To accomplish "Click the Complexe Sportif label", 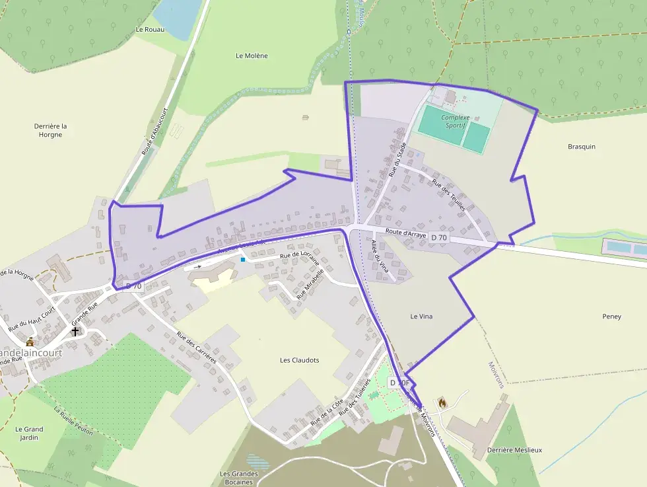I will pyautogui.click(x=454, y=120).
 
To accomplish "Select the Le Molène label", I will pyautogui.click(x=252, y=56).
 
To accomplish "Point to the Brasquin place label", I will pyautogui.click(x=581, y=147).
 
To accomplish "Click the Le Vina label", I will pyautogui.click(x=421, y=317).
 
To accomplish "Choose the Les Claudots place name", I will pyautogui.click(x=299, y=360).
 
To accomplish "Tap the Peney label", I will pyautogui.click(x=611, y=317).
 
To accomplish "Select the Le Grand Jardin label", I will pyautogui.click(x=29, y=433).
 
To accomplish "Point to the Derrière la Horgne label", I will pyautogui.click(x=50, y=130).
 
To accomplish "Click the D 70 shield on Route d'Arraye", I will pyautogui.click(x=438, y=237).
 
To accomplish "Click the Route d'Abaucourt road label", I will pyautogui.click(x=155, y=131).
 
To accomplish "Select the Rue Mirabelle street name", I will pyautogui.click(x=310, y=284).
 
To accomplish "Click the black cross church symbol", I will pyautogui.click(x=75, y=330).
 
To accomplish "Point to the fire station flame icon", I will pyautogui.click(x=442, y=401).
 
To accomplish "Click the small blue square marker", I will pyautogui.click(x=243, y=260).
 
